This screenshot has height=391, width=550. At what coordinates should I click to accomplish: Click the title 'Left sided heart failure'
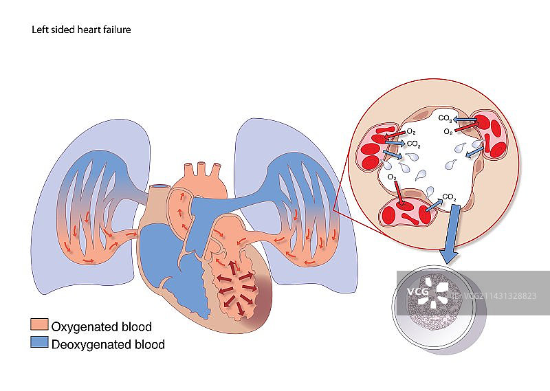[81, 30]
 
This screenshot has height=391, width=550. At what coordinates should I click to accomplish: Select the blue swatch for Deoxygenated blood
[39, 343]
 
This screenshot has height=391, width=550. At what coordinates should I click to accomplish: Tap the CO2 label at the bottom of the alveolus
[449, 197]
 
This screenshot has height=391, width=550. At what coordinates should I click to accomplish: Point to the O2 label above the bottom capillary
[392, 177]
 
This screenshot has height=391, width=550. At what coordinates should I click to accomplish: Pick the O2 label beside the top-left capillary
[411, 131]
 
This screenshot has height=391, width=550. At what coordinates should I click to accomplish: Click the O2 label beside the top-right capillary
[448, 131]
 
